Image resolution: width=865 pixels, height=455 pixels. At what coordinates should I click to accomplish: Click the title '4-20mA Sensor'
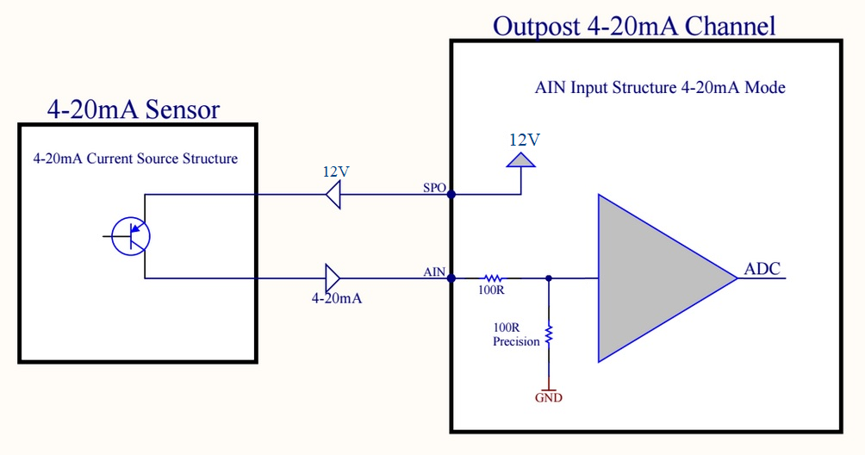[x=133, y=109]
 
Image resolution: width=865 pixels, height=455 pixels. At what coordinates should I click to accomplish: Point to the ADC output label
[x=762, y=269]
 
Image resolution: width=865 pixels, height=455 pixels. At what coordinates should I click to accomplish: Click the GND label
[x=548, y=397]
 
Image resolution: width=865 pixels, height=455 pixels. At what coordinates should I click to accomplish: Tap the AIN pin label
[x=434, y=271]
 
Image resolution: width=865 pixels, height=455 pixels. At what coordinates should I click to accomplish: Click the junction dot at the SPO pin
[x=451, y=194]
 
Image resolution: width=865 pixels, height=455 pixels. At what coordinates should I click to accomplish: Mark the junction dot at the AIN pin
[x=451, y=278]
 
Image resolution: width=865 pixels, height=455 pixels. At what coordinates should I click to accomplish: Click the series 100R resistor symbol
[x=493, y=278]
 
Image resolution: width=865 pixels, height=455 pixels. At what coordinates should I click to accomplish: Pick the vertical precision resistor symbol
[x=548, y=333]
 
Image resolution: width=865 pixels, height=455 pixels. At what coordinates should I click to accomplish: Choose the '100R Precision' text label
[x=516, y=335]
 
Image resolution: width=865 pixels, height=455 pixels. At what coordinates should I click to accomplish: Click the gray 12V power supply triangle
[x=520, y=159]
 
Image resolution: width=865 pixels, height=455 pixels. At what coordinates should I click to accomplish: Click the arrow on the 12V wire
[x=333, y=195]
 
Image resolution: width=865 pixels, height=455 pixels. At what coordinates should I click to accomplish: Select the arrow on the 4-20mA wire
[x=333, y=278]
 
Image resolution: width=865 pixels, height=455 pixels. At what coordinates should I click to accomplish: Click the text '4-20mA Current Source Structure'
[x=135, y=159]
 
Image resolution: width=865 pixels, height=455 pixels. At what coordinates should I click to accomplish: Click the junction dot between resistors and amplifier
[x=549, y=278]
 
